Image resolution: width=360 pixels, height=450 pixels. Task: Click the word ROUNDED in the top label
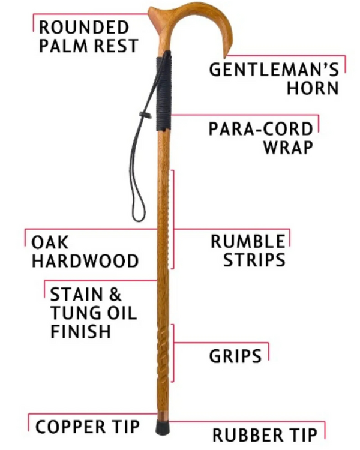(x=83, y=27)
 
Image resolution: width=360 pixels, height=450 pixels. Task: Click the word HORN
(x=312, y=88)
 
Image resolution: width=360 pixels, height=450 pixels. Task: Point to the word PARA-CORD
(x=260, y=129)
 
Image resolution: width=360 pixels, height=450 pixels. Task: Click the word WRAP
(x=288, y=147)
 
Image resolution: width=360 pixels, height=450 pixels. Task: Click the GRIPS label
(x=235, y=356)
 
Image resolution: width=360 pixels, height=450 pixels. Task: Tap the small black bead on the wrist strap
(x=145, y=114)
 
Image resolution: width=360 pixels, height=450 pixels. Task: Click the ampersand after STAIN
(x=114, y=295)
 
